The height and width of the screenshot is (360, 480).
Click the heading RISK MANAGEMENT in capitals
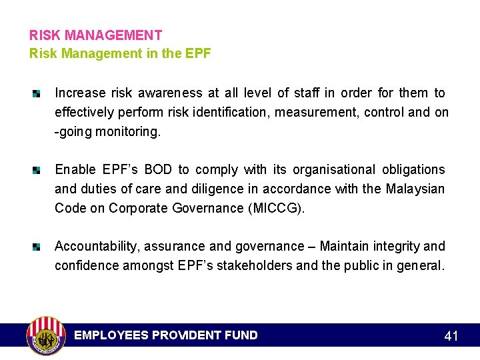click(x=95, y=35)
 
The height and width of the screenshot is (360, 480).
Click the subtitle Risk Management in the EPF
click(x=120, y=53)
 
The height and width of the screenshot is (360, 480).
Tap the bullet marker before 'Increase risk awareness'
click(x=37, y=93)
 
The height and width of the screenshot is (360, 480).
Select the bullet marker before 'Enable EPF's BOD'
click(x=37, y=170)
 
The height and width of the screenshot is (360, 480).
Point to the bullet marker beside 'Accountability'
click(x=37, y=247)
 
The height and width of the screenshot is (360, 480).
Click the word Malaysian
click(x=415, y=189)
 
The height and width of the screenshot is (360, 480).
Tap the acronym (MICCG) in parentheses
click(x=276, y=208)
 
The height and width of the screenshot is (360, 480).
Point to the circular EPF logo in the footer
click(x=45, y=335)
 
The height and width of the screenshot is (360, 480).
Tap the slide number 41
click(x=451, y=336)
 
